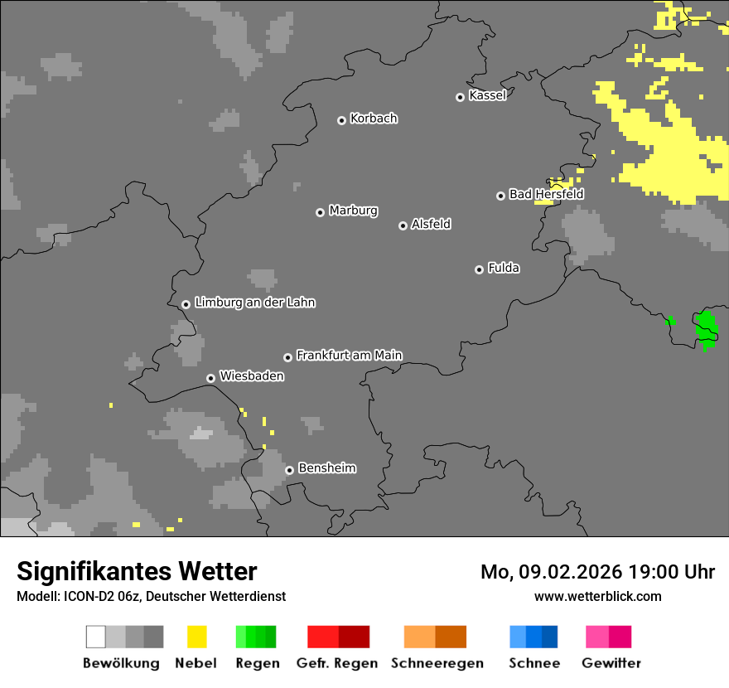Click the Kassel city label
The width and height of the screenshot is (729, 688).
point(487,95)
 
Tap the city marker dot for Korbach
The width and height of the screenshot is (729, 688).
point(341,120)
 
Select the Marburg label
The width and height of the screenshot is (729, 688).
point(353,211)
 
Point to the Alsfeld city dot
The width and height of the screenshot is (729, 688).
point(403,225)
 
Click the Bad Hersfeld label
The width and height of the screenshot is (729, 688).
point(546,194)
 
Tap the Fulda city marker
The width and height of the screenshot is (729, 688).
point(479,269)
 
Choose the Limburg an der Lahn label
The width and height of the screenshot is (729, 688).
point(254,303)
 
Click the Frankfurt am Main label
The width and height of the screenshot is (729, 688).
point(349,355)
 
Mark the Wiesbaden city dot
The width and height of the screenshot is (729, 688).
point(211,378)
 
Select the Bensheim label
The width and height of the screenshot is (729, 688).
point(326,468)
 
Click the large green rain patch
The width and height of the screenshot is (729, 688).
point(707,327)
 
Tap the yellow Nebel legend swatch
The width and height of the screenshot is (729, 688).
point(196,637)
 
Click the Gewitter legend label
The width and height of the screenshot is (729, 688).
point(611,663)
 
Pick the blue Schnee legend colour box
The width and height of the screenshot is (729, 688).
point(533,637)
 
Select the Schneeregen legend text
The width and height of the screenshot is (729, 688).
point(437,663)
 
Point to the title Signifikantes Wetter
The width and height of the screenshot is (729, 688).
point(137,571)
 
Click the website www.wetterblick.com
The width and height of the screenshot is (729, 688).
point(597,596)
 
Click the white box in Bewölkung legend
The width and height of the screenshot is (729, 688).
point(96,637)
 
